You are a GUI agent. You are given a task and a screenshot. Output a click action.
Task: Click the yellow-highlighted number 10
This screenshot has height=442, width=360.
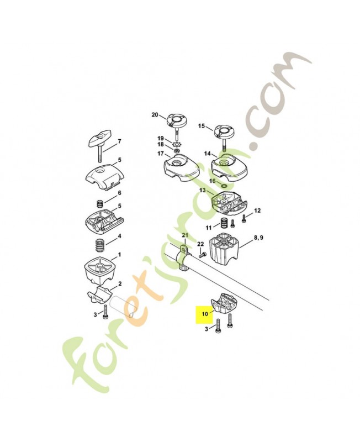coord(205,313)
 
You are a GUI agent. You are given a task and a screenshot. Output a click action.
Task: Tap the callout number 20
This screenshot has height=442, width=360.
coord(155,115)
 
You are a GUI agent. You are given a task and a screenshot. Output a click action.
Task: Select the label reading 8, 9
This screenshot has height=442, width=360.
coord(258,238)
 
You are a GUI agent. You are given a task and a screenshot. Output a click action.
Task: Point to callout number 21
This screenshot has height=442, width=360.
coord(185,235)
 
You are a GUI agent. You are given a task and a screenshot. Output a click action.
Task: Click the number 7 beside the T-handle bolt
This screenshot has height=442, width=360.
coord(119,141)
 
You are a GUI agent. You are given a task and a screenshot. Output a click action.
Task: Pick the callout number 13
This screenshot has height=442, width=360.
coord(203,190)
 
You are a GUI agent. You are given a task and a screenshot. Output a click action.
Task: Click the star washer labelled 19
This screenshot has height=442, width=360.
coord(177,145)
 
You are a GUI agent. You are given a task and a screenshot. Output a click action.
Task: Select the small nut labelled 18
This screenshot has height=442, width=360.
coord(177,151)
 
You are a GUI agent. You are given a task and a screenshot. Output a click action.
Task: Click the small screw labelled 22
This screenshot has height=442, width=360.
coord(202,255)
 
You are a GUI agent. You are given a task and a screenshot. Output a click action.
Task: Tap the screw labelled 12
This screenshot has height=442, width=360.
coord(244,218)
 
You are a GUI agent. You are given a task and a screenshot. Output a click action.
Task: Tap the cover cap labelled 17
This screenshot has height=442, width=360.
coord(181,167)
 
